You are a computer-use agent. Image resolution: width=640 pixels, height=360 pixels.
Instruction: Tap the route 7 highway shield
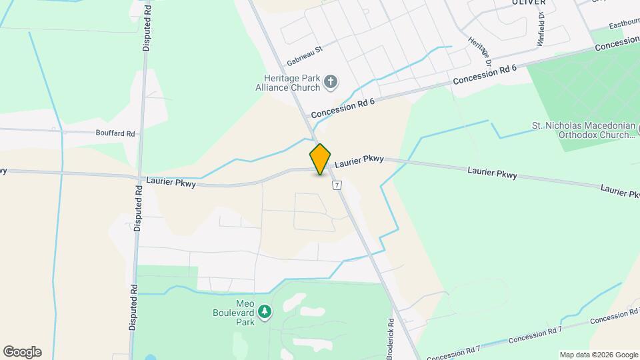[x=338, y=185]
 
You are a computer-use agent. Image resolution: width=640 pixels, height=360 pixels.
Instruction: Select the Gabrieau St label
[x=305, y=55]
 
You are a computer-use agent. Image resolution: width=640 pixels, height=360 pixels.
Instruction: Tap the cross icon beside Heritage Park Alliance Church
[x=330, y=83]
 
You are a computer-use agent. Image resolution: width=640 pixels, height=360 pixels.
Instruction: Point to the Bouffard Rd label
[x=115, y=133]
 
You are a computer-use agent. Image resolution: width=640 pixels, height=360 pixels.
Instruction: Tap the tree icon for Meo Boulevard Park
[x=265, y=311]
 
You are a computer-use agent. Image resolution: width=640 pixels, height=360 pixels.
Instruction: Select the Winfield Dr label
[x=541, y=29]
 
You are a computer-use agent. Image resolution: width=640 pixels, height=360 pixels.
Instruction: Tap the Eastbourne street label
[x=624, y=24]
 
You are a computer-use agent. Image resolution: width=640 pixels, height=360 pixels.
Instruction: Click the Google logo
[x=22, y=352]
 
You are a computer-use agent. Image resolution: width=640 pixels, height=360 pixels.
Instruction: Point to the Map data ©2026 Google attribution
[x=598, y=355]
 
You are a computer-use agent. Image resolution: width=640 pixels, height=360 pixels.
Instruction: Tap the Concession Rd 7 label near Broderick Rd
[x=453, y=352]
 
